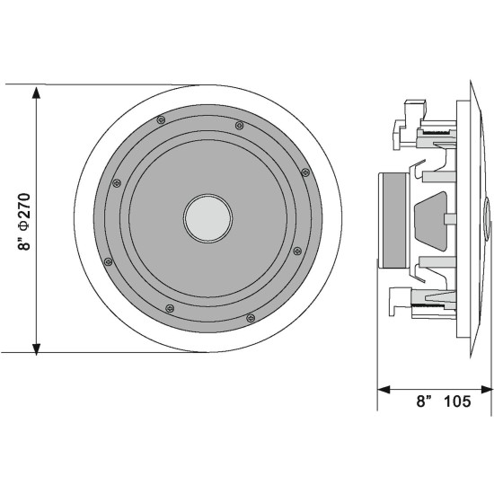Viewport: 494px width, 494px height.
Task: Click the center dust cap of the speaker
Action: (x=208, y=217)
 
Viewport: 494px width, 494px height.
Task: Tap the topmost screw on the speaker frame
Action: (x=160, y=119)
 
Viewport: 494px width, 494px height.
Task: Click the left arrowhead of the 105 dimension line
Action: (x=383, y=390)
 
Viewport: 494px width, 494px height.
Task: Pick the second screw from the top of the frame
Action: (x=238, y=126)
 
